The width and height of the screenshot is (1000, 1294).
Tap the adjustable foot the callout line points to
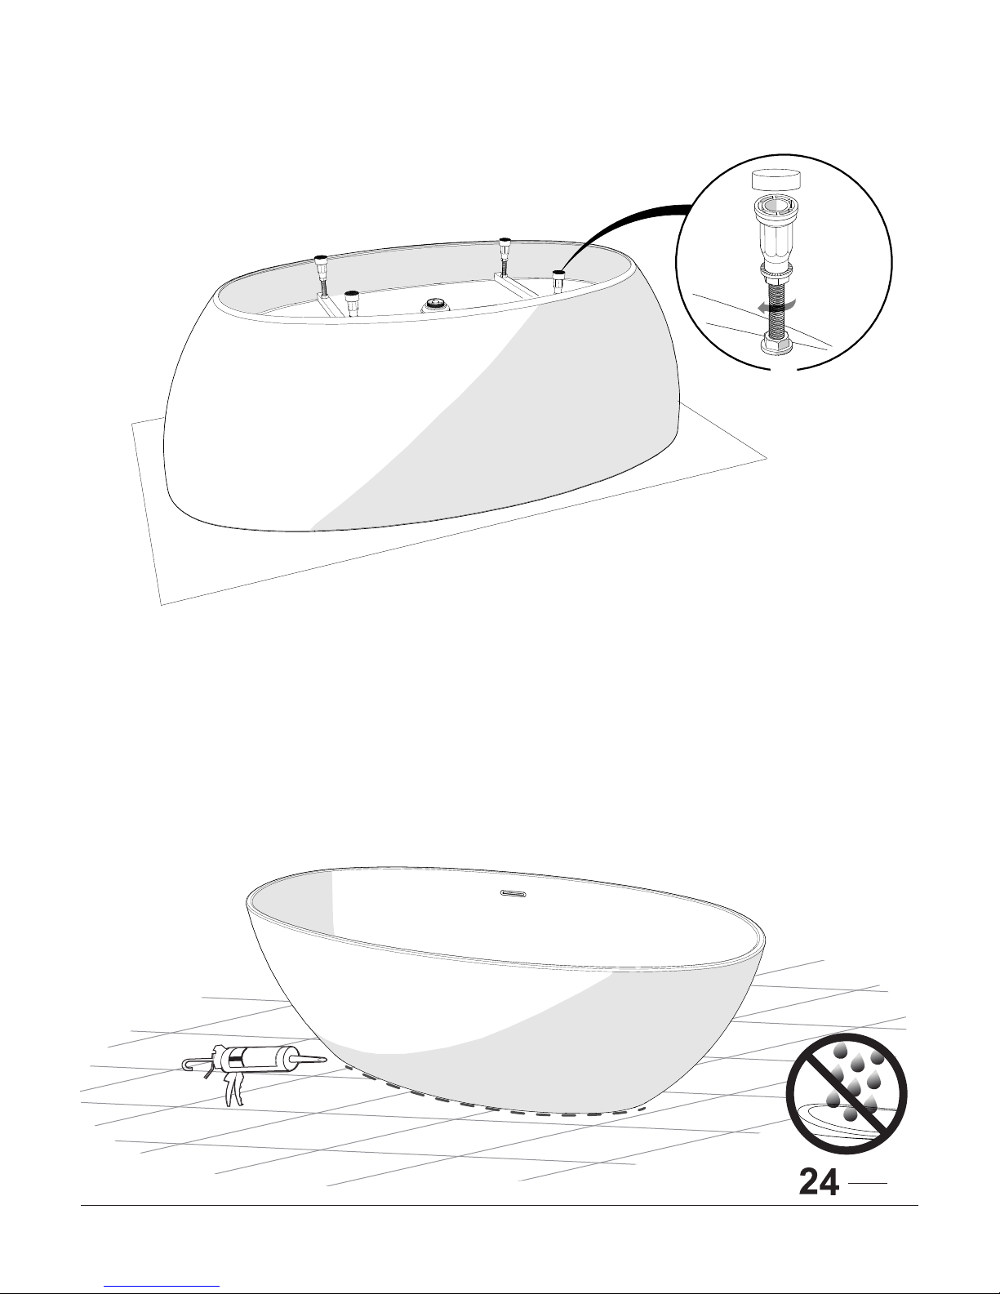click(x=558, y=281)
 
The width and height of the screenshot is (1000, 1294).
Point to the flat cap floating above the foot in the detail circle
click(x=776, y=180)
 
